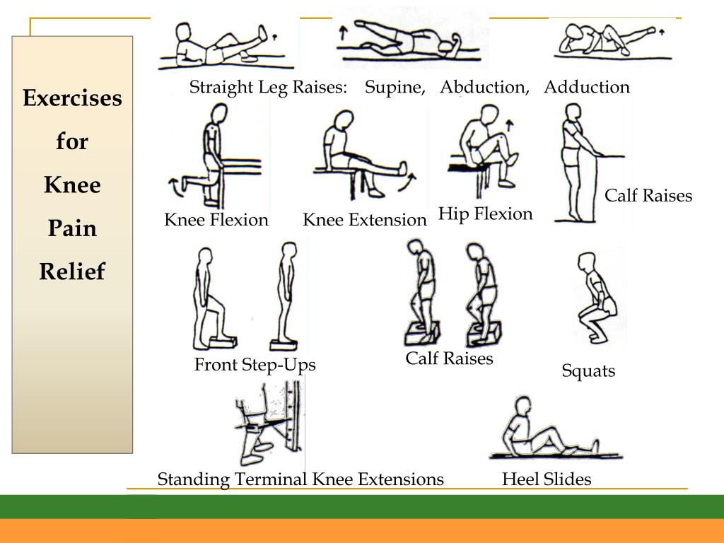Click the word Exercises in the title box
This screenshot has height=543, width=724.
(73, 98)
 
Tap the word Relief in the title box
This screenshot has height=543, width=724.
(73, 271)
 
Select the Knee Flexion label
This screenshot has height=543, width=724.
(216, 220)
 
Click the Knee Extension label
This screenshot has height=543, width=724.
(364, 220)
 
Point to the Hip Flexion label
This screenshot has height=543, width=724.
(485, 214)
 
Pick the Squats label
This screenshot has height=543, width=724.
(588, 370)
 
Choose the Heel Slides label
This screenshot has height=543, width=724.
(547, 479)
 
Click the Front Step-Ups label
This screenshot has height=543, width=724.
(255, 365)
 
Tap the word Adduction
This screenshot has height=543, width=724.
(587, 87)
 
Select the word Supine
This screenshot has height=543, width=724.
(395, 87)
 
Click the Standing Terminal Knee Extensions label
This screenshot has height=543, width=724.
(300, 479)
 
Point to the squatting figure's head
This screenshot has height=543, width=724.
(586, 262)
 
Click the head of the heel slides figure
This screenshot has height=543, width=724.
(523, 407)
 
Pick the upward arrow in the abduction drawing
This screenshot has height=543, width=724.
(343, 33)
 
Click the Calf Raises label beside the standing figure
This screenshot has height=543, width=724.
(648, 196)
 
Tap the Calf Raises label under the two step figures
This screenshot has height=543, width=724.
(449, 358)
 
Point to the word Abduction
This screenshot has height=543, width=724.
(485, 87)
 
